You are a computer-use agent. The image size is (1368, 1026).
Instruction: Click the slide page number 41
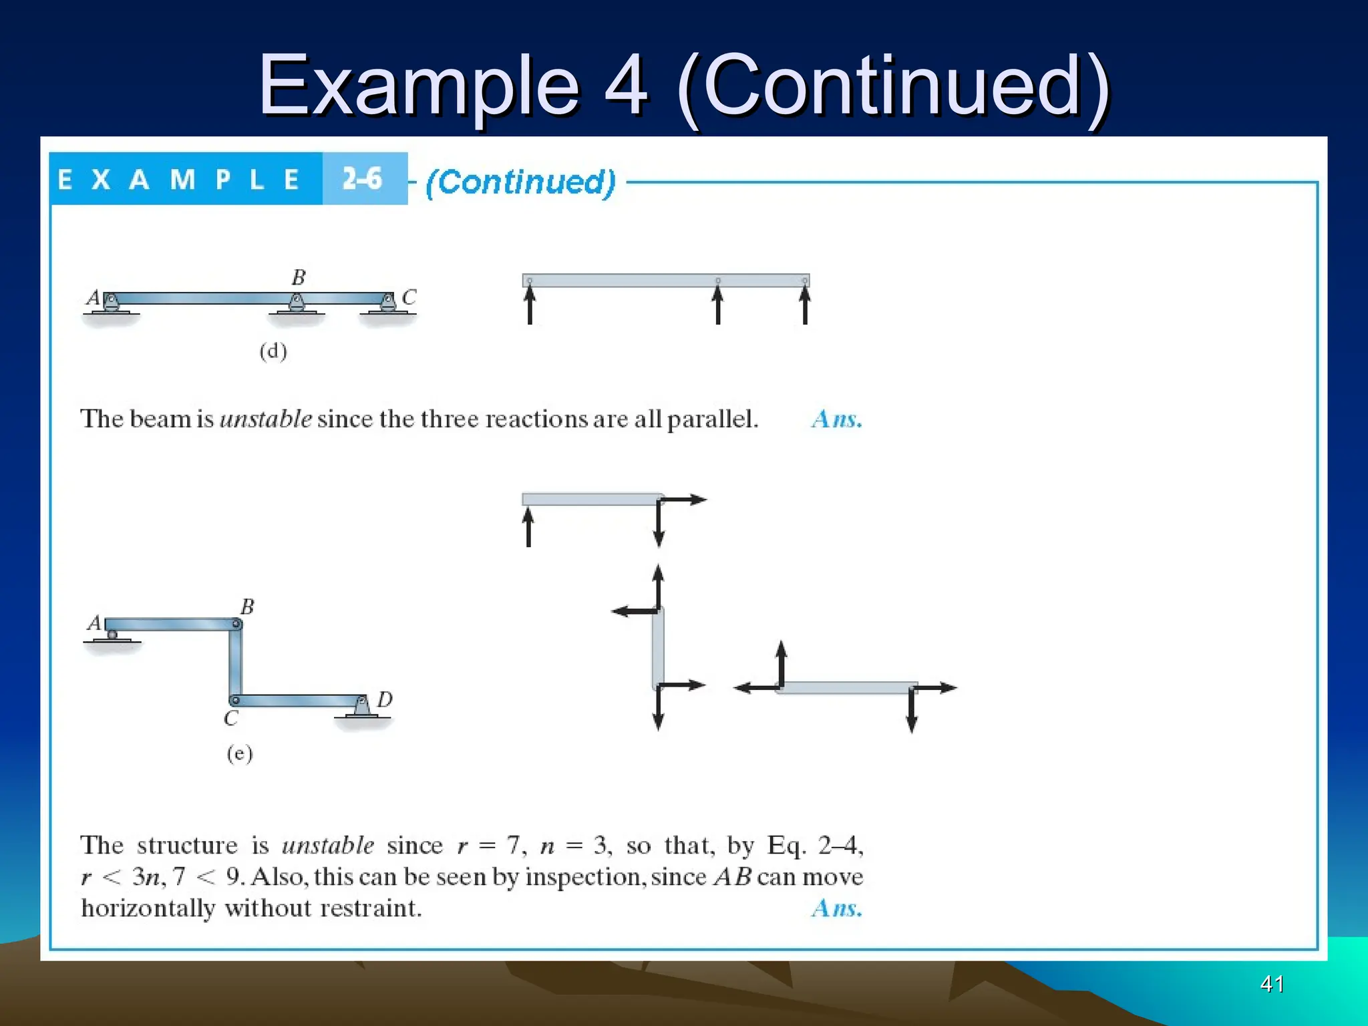pyautogui.click(x=1271, y=984)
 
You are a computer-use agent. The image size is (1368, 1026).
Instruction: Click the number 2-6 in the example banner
pyautogui.click(x=362, y=179)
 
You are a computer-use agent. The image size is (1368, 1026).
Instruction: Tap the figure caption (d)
pyautogui.click(x=273, y=351)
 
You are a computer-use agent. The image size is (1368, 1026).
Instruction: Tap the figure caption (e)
pyautogui.click(x=240, y=754)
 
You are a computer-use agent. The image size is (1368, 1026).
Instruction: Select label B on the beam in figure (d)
pyautogui.click(x=299, y=277)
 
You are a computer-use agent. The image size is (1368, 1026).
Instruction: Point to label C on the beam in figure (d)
pyautogui.click(x=409, y=297)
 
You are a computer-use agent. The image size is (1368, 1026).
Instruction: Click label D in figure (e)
pyautogui.click(x=384, y=700)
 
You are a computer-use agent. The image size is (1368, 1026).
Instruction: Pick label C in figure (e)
pyautogui.click(x=230, y=719)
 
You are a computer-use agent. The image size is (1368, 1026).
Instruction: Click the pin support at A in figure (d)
pyautogui.click(x=112, y=303)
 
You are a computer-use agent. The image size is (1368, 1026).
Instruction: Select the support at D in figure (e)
pyautogui.click(x=361, y=707)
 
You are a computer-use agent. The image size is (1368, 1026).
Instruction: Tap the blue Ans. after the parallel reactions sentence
pyautogui.click(x=836, y=419)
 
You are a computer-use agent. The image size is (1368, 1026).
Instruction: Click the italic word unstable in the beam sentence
pyautogui.click(x=265, y=419)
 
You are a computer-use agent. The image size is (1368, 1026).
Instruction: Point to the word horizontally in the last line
pyautogui.click(x=148, y=908)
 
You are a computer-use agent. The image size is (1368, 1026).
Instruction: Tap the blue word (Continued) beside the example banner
pyautogui.click(x=520, y=182)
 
